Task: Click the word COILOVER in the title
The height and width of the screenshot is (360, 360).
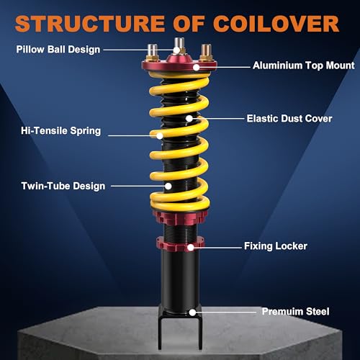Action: click(x=276, y=24)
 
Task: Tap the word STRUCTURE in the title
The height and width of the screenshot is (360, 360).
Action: click(x=89, y=24)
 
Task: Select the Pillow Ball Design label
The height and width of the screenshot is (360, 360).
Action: click(x=58, y=50)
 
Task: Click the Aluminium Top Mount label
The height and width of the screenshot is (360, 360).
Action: click(x=304, y=66)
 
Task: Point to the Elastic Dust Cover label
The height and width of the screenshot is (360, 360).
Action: click(x=289, y=119)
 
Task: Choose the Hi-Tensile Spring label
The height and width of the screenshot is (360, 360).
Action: click(x=60, y=131)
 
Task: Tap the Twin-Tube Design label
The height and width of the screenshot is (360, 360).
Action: click(x=63, y=186)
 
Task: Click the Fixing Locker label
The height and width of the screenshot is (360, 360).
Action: click(x=276, y=246)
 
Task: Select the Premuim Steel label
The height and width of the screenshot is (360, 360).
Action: click(x=295, y=312)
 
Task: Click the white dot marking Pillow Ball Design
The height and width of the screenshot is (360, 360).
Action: click(x=176, y=50)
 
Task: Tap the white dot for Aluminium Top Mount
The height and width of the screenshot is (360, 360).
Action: click(x=196, y=68)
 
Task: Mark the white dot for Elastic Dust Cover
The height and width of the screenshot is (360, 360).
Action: click(x=189, y=118)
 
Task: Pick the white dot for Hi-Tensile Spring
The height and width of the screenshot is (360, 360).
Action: click(x=160, y=136)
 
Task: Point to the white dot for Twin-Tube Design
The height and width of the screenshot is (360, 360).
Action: click(x=168, y=186)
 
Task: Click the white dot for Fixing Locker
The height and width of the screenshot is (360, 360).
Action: click(x=191, y=248)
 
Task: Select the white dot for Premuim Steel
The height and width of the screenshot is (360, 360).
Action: click(x=192, y=312)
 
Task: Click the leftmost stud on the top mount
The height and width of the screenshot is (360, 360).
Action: click(x=152, y=52)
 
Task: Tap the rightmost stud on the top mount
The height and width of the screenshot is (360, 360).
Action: click(x=206, y=52)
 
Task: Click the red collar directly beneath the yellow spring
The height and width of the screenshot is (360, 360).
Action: click(x=180, y=217)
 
